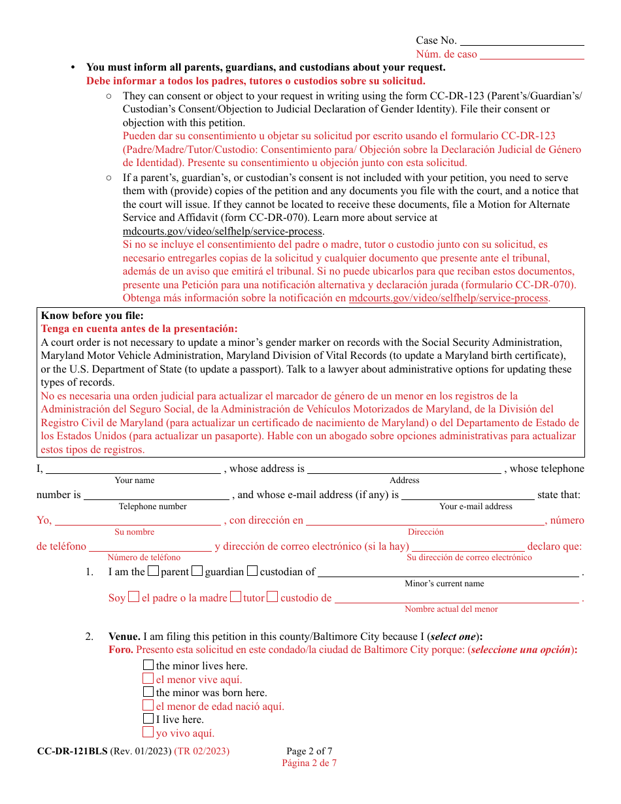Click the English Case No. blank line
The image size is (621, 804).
[x=523, y=41]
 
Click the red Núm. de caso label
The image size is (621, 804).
[x=446, y=54]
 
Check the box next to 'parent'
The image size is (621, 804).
[x=153, y=571]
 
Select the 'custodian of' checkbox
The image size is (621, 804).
[x=252, y=571]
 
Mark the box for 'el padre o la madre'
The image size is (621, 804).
[x=133, y=597]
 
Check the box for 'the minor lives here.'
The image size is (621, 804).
[x=148, y=665]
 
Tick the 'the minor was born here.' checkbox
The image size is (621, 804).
[x=148, y=692]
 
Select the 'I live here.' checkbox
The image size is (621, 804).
[x=148, y=719]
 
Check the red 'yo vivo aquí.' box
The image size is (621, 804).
[x=148, y=733]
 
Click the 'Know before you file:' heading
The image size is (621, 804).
[x=92, y=316]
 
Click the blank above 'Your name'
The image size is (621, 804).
[x=133, y=468]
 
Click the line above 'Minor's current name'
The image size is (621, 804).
[x=448, y=572]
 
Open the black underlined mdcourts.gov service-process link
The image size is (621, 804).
[x=222, y=231]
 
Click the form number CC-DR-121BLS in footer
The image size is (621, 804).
[x=72, y=751]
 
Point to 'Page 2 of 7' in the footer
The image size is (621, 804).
[x=309, y=751]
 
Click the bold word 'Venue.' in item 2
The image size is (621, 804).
[x=124, y=637]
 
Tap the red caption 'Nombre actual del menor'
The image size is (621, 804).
[x=451, y=609]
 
